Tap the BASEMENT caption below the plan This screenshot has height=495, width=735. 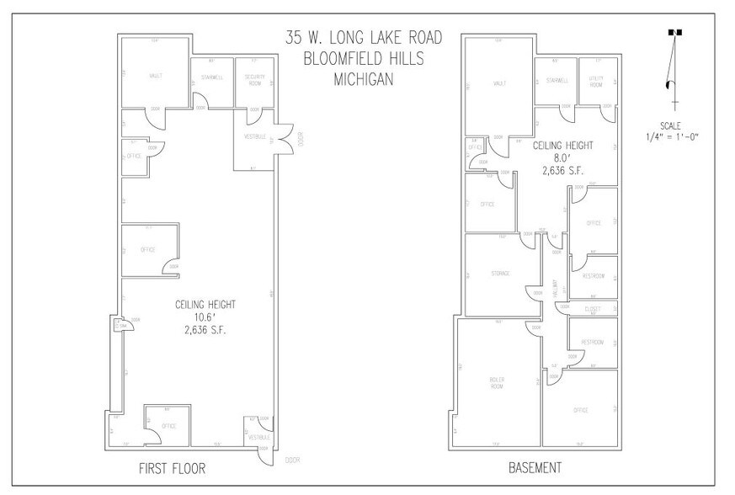point(535,467)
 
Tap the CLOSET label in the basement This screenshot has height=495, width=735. point(592,309)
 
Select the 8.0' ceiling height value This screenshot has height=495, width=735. point(562,157)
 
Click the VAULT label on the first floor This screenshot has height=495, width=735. point(156,76)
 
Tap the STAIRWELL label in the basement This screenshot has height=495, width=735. point(557,81)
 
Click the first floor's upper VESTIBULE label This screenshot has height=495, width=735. point(255,136)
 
